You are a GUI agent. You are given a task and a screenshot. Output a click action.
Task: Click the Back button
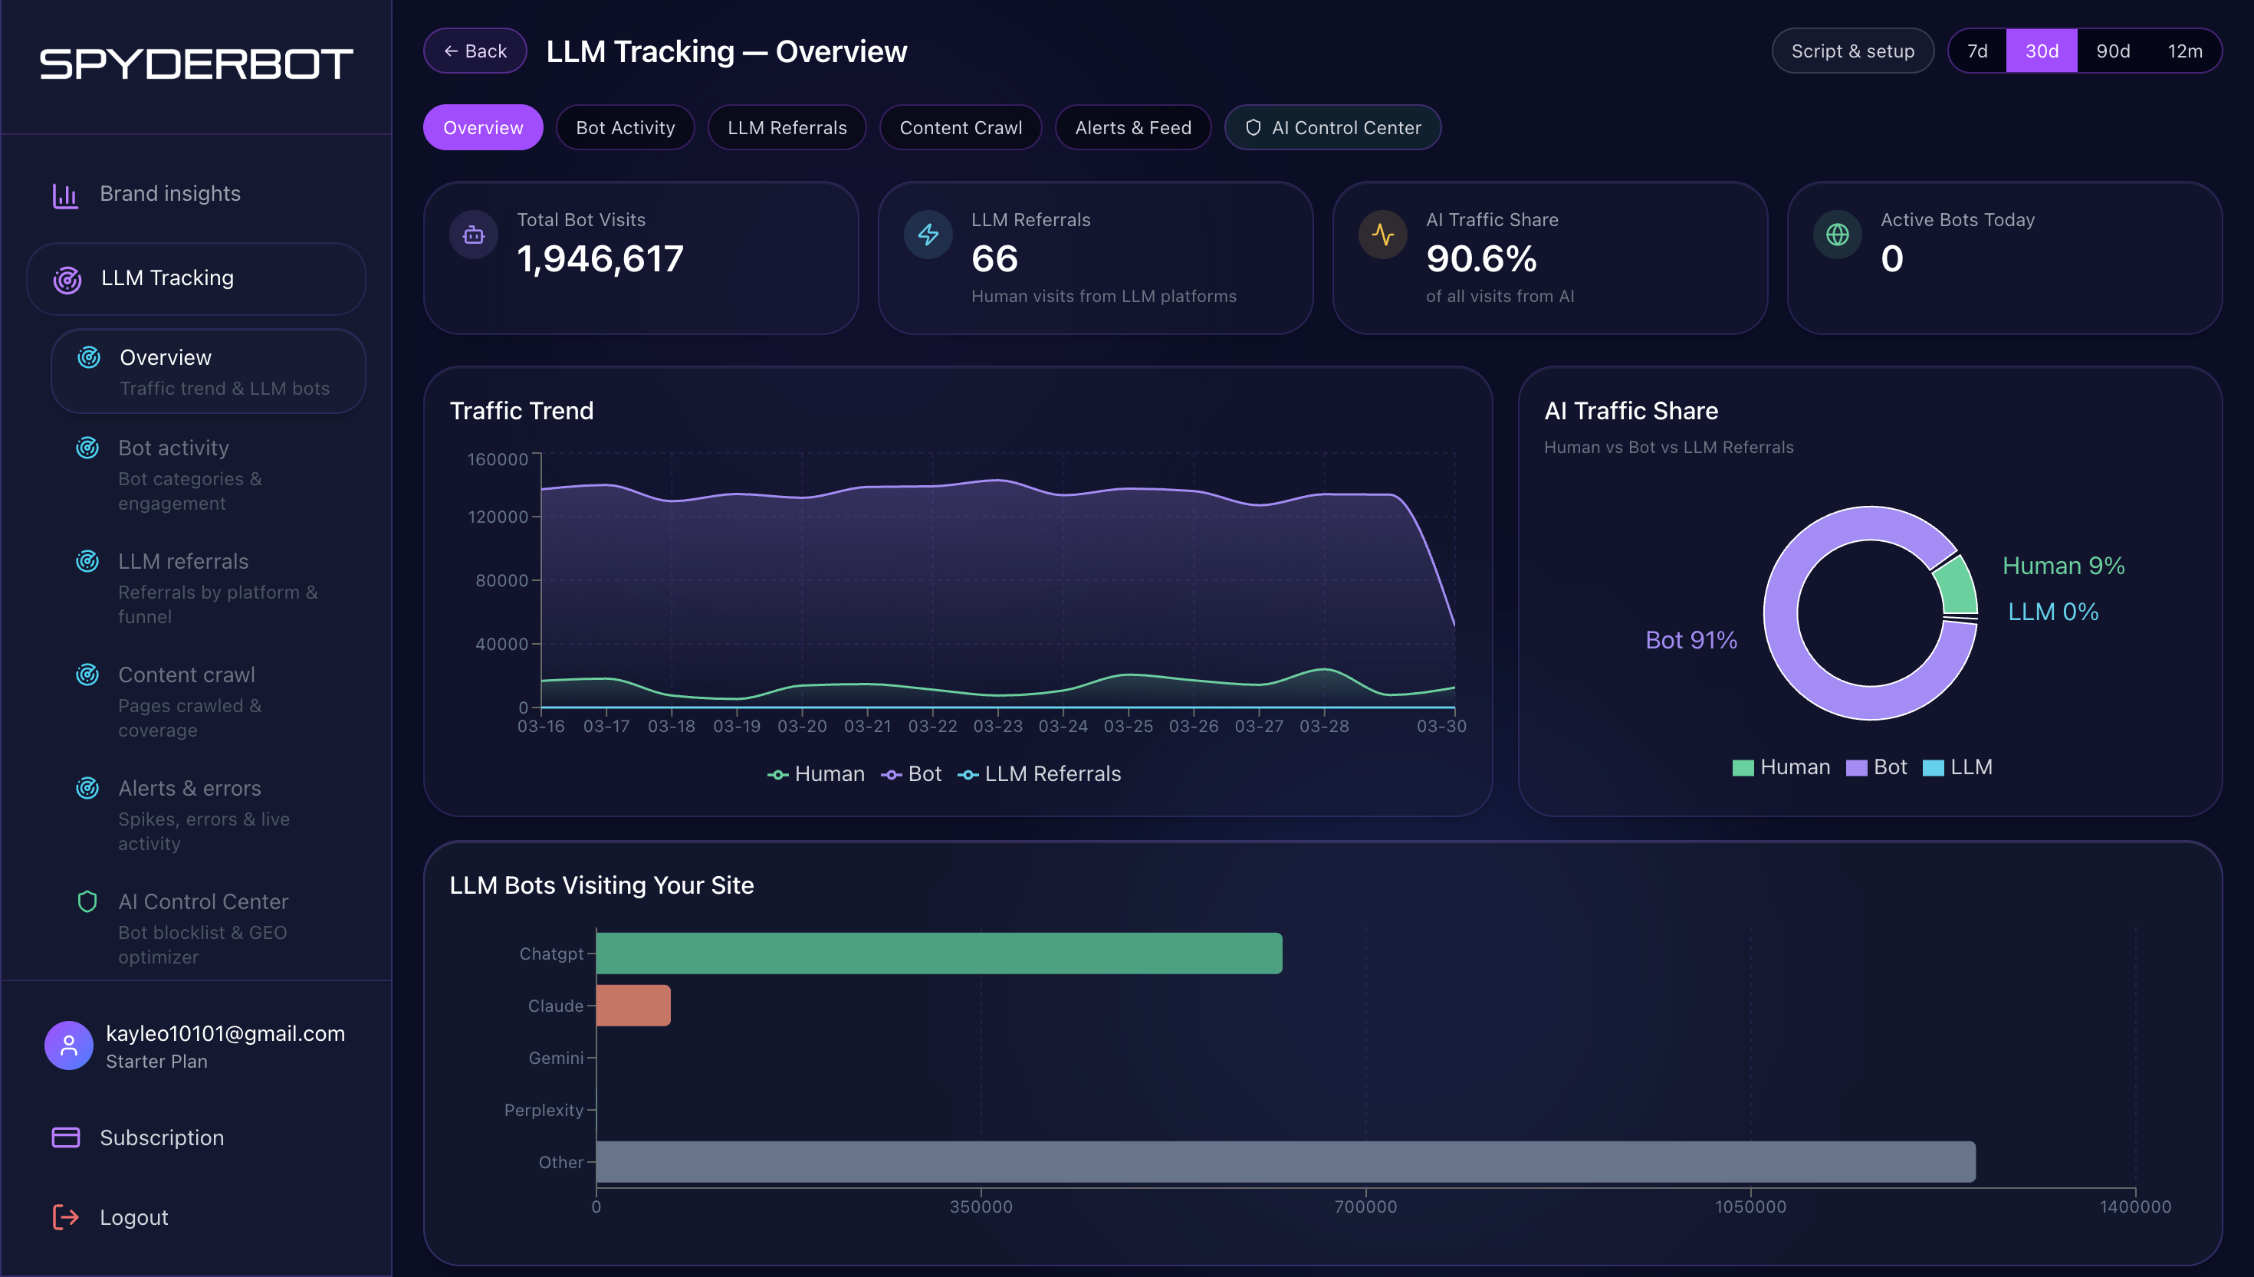click(x=475, y=51)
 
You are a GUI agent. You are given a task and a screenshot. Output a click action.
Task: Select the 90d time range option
click(x=2112, y=51)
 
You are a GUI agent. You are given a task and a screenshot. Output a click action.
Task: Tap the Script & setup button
click(x=1852, y=51)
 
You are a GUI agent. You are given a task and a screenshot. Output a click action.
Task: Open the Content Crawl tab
click(x=961, y=127)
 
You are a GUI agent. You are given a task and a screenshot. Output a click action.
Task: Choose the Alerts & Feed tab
click(x=1132, y=127)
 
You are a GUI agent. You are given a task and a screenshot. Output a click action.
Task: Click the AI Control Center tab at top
click(x=1332, y=127)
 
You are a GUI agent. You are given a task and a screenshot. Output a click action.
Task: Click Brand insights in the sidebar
click(x=169, y=193)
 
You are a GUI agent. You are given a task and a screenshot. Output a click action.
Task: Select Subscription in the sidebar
click(x=161, y=1137)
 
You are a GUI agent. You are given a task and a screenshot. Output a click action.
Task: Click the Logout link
click(x=133, y=1217)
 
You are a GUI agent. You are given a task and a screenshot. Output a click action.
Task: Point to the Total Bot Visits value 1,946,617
click(x=600, y=259)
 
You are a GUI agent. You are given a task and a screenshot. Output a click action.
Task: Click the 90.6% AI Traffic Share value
click(x=1481, y=259)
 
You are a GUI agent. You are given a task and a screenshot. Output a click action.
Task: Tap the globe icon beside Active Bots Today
click(x=1836, y=235)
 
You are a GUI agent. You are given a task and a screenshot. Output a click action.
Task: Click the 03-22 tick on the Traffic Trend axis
click(x=932, y=726)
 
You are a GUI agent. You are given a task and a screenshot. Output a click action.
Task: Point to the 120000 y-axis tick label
click(x=498, y=517)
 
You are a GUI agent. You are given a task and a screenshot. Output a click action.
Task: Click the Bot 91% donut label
click(x=1690, y=640)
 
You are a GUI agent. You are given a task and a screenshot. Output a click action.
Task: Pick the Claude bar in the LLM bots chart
click(x=633, y=1005)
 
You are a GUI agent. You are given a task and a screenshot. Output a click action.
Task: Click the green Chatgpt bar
click(x=938, y=954)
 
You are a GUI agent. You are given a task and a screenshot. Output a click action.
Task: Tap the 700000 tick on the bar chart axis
click(x=1365, y=1206)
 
